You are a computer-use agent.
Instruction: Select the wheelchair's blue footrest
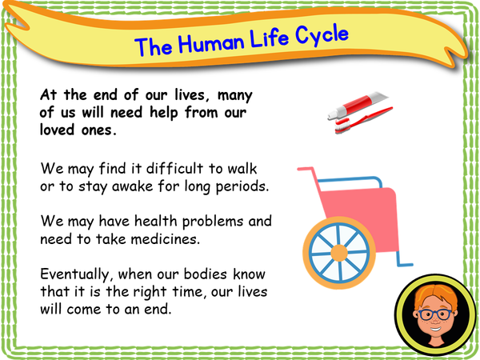pos(405,261)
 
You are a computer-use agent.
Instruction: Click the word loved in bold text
pos(59,131)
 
